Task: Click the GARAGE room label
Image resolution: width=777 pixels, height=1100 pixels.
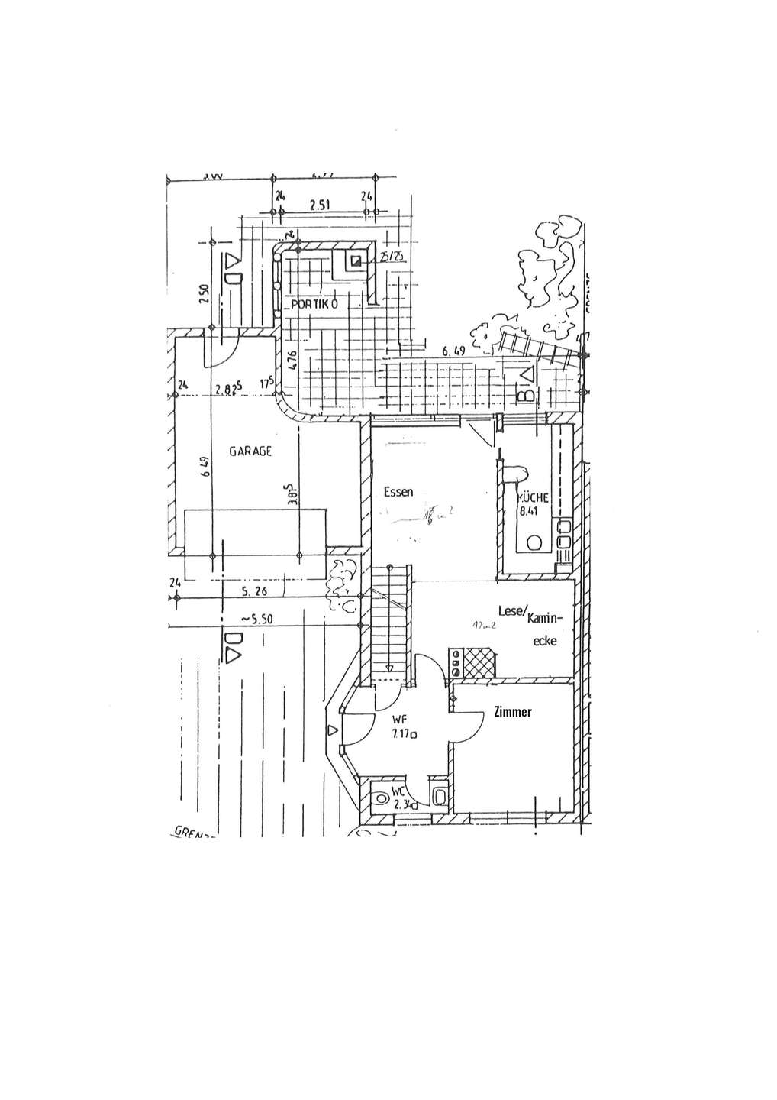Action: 250,451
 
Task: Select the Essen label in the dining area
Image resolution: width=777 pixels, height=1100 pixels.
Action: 398,492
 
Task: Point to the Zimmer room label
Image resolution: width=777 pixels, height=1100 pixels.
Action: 513,712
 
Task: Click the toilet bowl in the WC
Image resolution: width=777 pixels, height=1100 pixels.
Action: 382,799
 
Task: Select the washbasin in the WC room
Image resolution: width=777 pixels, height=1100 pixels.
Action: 440,797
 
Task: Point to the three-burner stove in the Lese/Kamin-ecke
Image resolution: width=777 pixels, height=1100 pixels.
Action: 456,663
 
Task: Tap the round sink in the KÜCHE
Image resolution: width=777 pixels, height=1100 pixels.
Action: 535,543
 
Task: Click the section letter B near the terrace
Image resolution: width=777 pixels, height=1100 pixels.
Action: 526,395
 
